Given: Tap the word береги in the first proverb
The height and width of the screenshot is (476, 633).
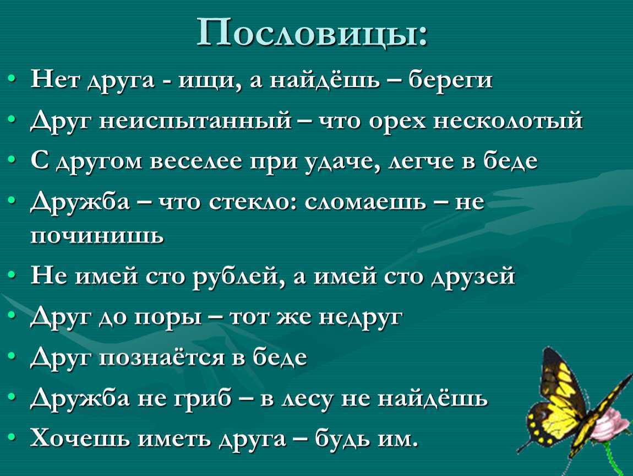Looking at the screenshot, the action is coord(450,80).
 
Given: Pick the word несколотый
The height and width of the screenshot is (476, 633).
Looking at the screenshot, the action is coord(508,121).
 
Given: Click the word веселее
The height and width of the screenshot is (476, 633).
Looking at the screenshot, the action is coord(195,161).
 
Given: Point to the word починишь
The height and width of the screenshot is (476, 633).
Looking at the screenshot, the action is coord(97,235).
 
